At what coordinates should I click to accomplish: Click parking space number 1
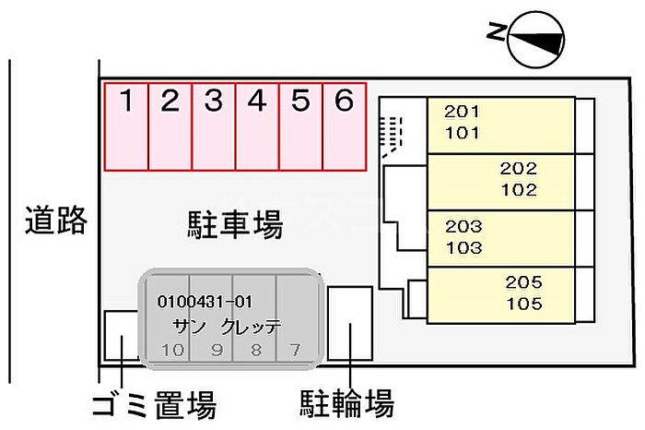126,126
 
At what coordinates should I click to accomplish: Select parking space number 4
257,126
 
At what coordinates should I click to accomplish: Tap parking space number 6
345,126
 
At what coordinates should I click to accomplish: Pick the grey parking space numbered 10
169,318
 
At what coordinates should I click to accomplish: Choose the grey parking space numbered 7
298,318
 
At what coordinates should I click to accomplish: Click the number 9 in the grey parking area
217,350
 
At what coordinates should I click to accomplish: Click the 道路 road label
56,221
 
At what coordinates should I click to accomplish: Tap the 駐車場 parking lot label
235,224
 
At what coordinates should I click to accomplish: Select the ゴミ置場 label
154,405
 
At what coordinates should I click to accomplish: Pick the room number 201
462,112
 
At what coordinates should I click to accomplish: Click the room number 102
519,190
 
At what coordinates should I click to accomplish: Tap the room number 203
463,226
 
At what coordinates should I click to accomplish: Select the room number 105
524,304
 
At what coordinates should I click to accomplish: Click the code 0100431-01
205,302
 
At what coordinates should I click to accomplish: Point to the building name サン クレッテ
227,327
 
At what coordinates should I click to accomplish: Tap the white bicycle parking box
350,323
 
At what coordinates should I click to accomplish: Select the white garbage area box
122,336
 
